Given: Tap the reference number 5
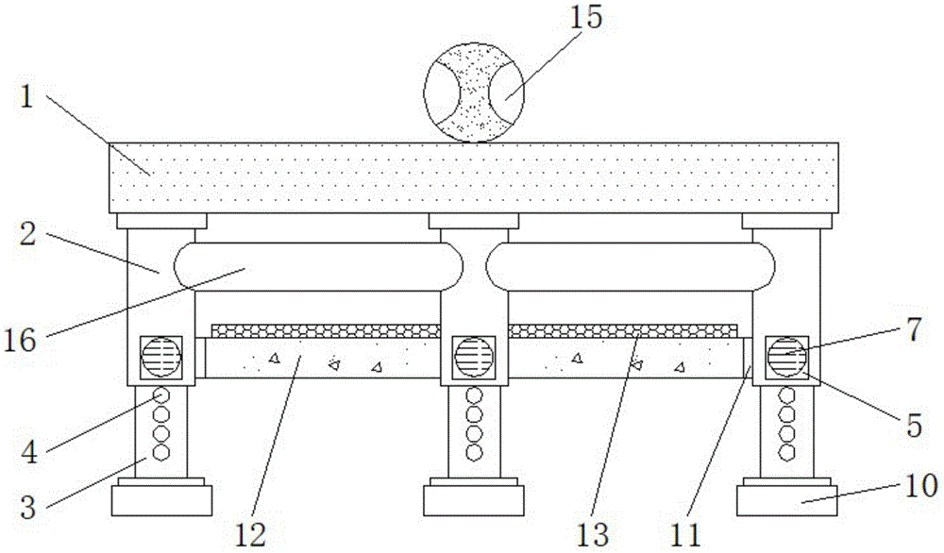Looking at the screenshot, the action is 913,426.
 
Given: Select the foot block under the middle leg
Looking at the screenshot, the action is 473,499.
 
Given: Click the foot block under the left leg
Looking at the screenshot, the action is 161,499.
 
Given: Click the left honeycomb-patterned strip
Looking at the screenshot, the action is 326,330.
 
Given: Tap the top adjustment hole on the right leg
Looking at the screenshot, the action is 785,395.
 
